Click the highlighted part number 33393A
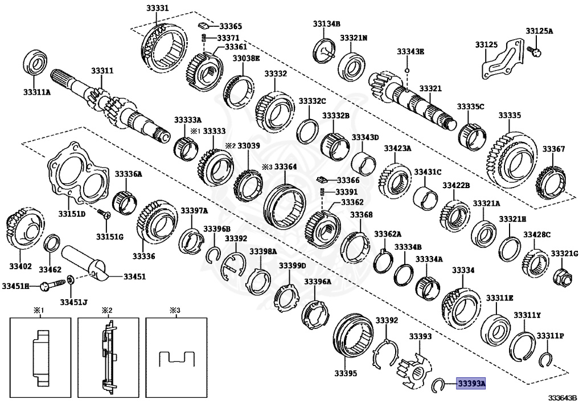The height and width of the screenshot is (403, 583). [x=471, y=384]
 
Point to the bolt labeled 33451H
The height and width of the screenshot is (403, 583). [x=50, y=285]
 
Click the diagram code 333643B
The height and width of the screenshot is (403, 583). [x=562, y=397]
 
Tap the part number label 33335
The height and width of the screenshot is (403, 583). [x=510, y=115]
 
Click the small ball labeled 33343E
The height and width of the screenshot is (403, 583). [x=408, y=71]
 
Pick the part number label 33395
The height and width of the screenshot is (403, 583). [x=346, y=374]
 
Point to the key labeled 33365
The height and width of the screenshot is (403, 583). [x=202, y=26]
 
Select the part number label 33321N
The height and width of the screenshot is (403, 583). [x=354, y=38]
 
